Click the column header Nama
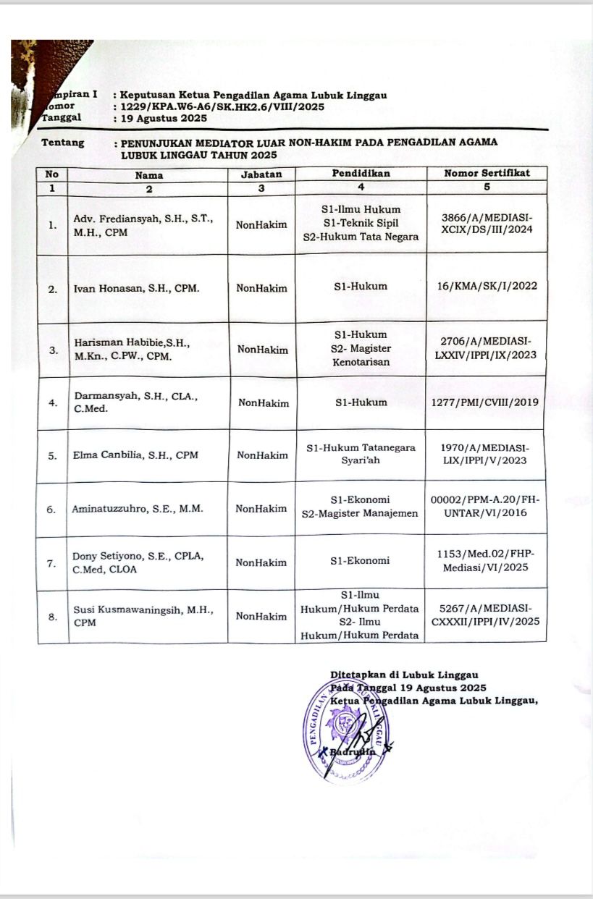point(148,174)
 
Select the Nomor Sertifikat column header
point(487,173)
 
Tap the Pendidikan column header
point(361,174)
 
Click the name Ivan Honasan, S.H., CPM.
point(137,288)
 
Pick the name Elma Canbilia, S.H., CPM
point(135,455)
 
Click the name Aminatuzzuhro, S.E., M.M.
point(138,508)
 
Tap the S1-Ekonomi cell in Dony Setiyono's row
point(361,560)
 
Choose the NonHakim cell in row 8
point(261,617)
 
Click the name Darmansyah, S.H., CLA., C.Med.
point(126,402)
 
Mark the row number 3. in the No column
point(53,350)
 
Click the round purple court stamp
point(345,732)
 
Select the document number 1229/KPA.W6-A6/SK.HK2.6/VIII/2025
point(222,106)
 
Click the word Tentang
point(63,143)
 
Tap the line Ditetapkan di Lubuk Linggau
point(403,675)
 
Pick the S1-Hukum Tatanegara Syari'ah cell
point(361,454)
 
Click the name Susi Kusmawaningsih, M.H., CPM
point(143,616)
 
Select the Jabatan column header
point(261,174)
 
